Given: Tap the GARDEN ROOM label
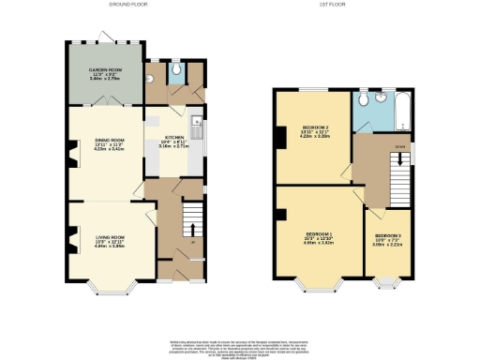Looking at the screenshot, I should [105, 72].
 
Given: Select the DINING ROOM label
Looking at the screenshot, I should [106, 145].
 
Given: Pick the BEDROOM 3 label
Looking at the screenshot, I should [387, 238].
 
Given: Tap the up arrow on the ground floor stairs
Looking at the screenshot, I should [192, 228].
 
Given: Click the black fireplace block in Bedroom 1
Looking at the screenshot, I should [280, 215].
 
